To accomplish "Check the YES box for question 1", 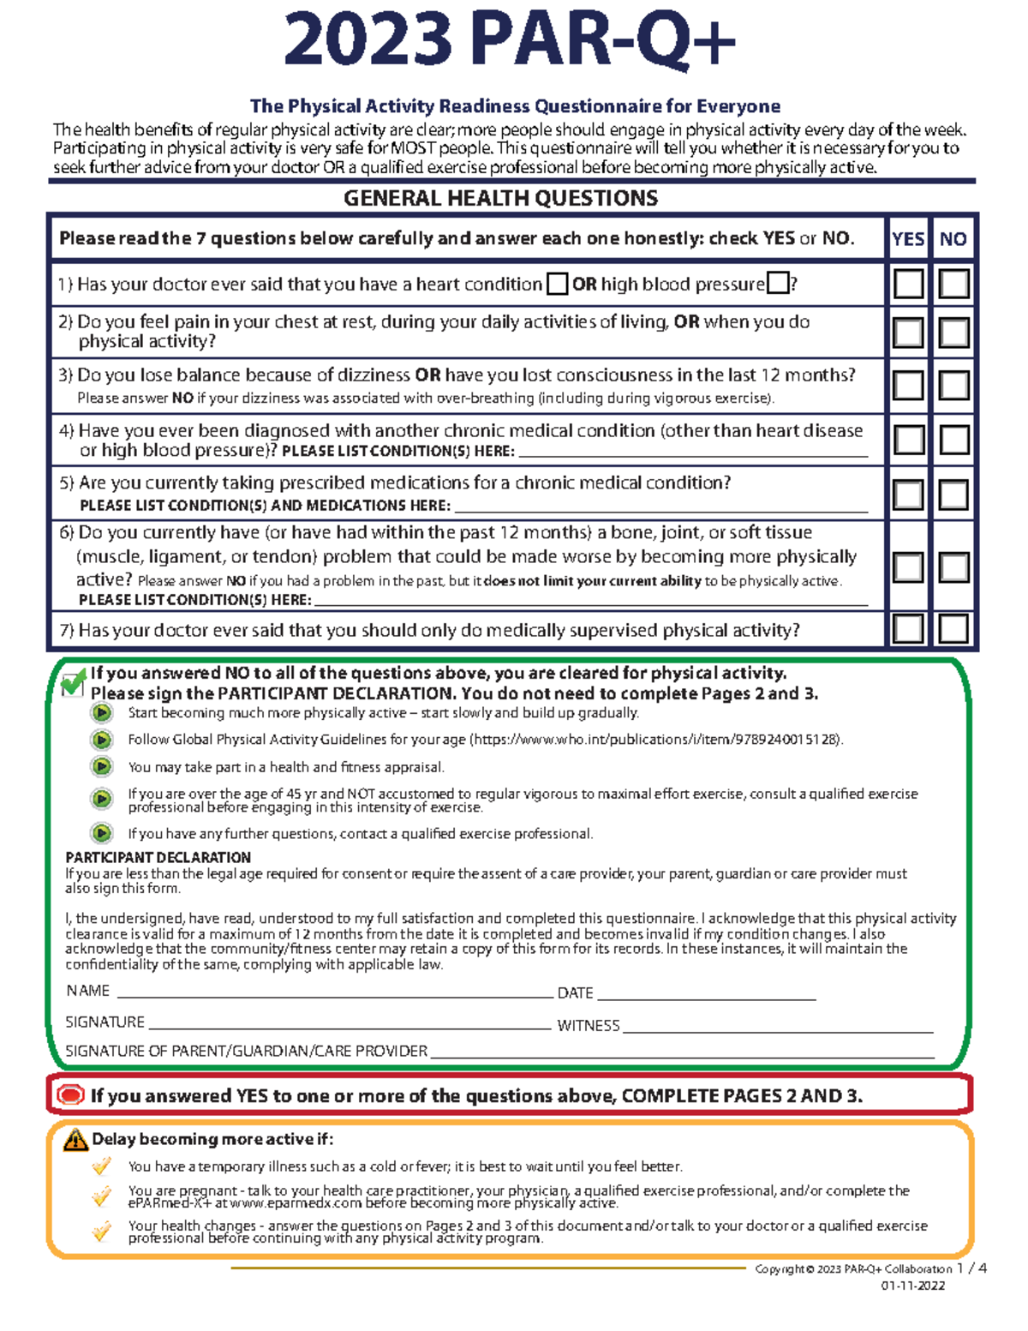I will (x=908, y=284).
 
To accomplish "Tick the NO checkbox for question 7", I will (x=953, y=629).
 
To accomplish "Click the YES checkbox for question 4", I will (x=908, y=441).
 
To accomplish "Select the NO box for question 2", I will (x=953, y=333).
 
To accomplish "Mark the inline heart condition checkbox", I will (x=557, y=284).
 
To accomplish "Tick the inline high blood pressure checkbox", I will (x=778, y=283).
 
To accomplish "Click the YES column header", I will (x=908, y=239).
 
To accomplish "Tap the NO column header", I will (x=953, y=239).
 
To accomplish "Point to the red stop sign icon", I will (x=70, y=1095).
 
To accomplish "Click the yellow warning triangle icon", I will (x=75, y=1140).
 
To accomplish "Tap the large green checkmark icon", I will (x=74, y=683).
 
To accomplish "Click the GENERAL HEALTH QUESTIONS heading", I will (x=500, y=199).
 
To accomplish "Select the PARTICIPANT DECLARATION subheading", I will (x=158, y=857).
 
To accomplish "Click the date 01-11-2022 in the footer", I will (x=913, y=1286).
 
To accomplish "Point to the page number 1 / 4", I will (x=971, y=1268).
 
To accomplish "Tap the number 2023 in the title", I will (x=368, y=41).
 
